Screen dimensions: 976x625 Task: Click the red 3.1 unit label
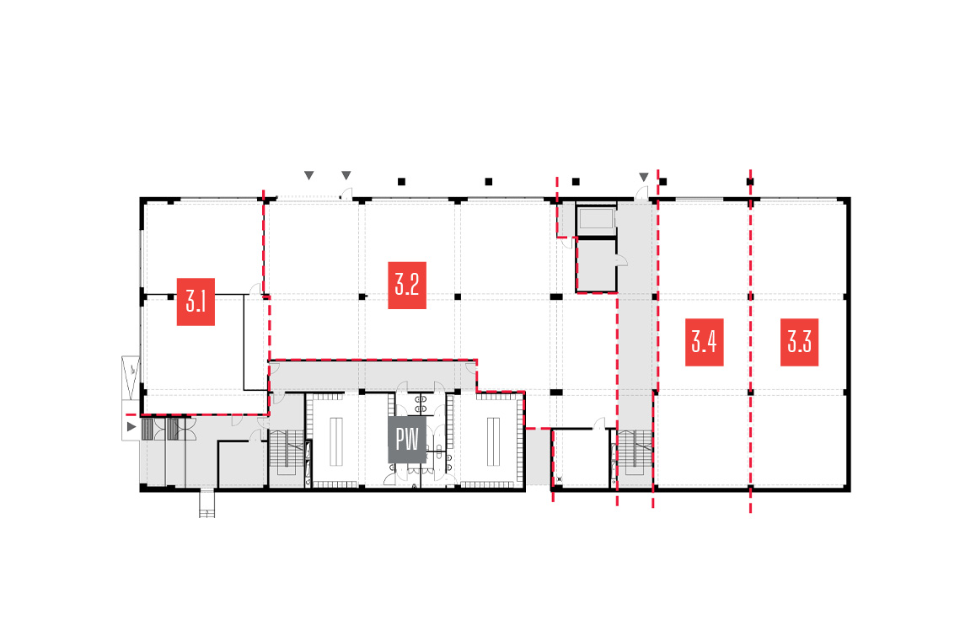[x=196, y=302]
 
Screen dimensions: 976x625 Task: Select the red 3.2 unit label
[x=407, y=286]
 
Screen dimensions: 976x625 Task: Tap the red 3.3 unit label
[x=799, y=342]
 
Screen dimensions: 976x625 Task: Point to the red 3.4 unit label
[x=704, y=342]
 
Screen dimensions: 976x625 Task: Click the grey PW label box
[x=407, y=440]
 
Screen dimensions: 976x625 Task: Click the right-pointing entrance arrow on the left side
[x=131, y=426]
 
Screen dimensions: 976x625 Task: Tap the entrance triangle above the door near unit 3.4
[x=644, y=177]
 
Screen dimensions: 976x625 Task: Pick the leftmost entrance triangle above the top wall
[x=308, y=175]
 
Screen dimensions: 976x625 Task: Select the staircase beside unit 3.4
[x=635, y=453]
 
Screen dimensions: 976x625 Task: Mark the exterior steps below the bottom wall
[x=206, y=505]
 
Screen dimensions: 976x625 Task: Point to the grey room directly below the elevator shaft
[x=597, y=265]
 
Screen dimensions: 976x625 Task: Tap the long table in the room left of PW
[x=336, y=441]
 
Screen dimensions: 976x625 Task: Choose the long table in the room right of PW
[x=493, y=441]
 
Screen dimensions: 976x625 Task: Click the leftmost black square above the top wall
[x=401, y=182]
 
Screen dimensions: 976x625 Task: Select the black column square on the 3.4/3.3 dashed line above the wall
[x=750, y=182]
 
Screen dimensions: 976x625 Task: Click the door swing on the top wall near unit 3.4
[x=642, y=193]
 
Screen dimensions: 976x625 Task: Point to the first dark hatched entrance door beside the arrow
[x=147, y=429]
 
